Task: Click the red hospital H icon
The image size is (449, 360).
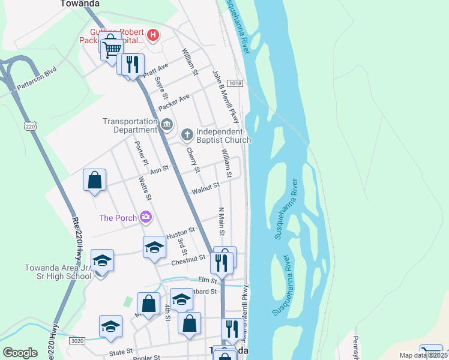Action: point(153,35)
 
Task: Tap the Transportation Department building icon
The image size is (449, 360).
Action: point(167,125)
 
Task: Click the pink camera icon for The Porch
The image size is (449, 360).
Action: point(145,217)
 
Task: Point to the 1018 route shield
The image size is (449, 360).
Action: point(235,83)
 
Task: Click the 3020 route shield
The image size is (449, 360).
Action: point(77,340)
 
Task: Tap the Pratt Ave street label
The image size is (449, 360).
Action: point(155,70)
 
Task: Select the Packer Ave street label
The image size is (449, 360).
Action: point(173,101)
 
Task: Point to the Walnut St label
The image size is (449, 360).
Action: point(205,190)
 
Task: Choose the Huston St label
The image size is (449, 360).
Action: point(181,230)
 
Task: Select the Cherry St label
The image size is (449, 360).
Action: point(192,160)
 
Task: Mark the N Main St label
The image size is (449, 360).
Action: point(221,222)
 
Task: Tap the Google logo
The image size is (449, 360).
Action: point(20,353)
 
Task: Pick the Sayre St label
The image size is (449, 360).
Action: point(161,89)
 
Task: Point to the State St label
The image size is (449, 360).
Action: point(121,354)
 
